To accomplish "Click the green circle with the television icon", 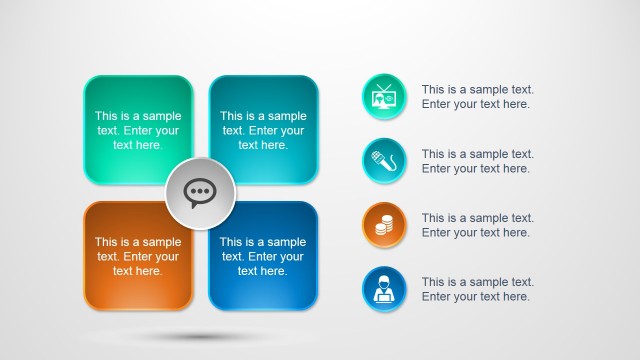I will [384, 97].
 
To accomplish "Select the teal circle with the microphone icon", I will [384, 161].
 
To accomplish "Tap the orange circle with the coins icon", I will [384, 225].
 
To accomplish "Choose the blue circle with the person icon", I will [384, 289].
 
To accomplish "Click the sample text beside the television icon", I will [477, 96].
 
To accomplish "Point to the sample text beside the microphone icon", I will [477, 161].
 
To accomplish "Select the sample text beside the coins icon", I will [477, 225].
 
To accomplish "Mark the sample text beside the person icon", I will [477, 289].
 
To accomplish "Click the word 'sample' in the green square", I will [160, 116].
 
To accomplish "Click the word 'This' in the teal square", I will [233, 116].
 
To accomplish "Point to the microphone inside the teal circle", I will [382, 161].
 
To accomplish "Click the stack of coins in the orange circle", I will [384, 227].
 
